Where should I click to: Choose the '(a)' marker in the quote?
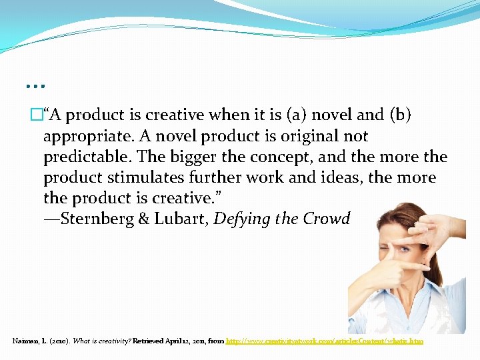[x=299, y=115]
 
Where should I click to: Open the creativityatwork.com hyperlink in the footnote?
[x=325, y=341]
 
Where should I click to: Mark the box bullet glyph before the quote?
[x=36, y=115]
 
